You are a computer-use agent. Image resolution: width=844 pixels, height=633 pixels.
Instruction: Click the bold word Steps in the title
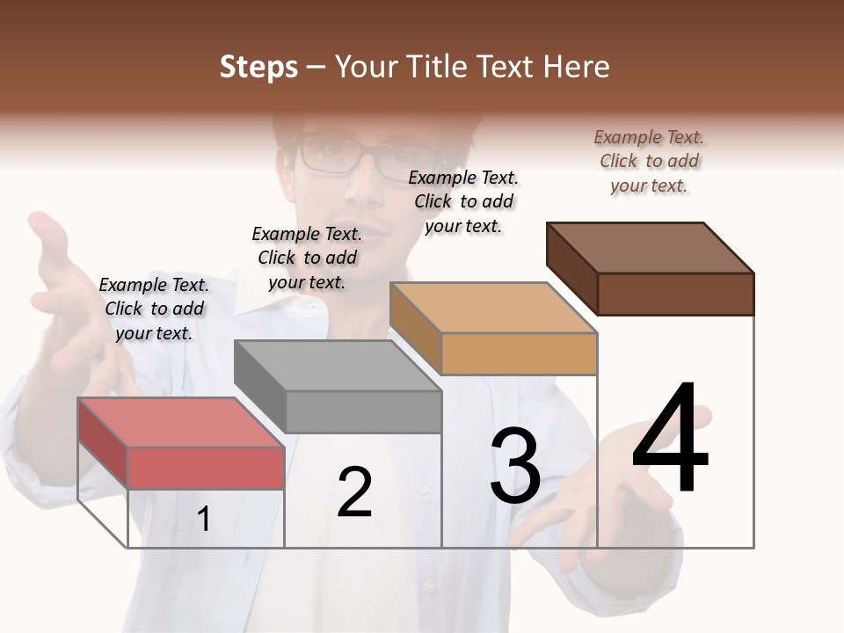point(258,67)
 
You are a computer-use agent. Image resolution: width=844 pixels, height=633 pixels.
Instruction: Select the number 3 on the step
point(515,466)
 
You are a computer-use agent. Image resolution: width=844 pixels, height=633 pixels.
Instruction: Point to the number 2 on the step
point(355,492)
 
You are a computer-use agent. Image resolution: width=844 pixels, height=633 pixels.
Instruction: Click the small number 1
point(204,519)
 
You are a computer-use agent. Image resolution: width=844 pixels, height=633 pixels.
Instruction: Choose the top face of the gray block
point(338,365)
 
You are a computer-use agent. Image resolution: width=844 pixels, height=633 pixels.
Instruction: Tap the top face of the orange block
point(493,308)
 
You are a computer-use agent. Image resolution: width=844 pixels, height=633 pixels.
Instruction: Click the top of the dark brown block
point(651,247)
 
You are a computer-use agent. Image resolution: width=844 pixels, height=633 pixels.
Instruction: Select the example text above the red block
point(154,309)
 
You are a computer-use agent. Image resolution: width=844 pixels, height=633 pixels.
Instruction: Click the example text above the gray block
point(307,258)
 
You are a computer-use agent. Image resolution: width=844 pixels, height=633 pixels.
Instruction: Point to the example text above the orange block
point(463,201)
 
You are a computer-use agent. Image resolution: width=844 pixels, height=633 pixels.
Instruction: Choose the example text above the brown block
point(649,161)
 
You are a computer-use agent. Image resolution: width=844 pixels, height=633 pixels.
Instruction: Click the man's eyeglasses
point(352,156)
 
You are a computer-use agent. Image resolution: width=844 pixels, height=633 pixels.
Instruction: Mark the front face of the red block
point(206,468)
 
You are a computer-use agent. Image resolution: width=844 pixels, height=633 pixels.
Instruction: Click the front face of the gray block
point(363,411)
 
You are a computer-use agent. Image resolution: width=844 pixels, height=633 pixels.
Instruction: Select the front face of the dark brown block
point(675,294)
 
